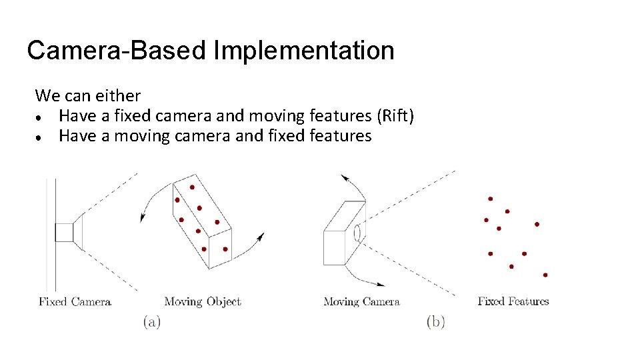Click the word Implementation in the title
304,51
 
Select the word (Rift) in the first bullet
395,116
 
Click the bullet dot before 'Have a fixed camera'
41,117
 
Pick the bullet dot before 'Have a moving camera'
41,137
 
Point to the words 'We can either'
87,96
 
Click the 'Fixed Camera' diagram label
75,302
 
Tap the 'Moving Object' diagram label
202,302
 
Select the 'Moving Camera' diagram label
361,302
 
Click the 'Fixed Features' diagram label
513,301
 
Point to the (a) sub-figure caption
151,322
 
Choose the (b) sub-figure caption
435,322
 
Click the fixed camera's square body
64,232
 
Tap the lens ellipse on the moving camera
357,232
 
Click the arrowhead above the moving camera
345,177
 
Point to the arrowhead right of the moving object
261,237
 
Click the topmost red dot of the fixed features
490,199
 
